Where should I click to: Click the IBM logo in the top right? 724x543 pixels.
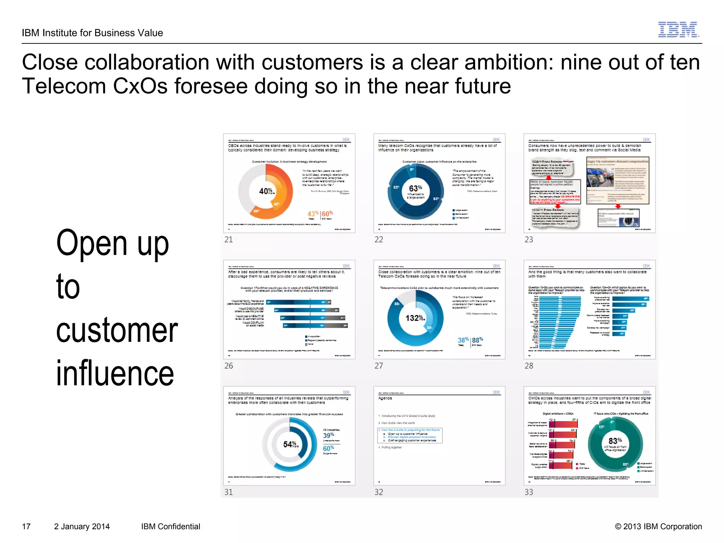tap(678, 30)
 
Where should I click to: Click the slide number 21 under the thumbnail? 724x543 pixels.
tap(229, 240)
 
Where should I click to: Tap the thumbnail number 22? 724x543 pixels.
tap(379, 240)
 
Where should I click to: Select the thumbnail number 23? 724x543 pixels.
tap(529, 240)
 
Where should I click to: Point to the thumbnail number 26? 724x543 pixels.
tap(229, 366)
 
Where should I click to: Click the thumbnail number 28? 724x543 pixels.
tap(529, 366)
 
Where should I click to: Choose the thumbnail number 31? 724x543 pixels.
tap(229, 492)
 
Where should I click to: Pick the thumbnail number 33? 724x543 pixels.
tap(529, 492)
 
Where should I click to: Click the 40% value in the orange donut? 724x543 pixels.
tap(266, 191)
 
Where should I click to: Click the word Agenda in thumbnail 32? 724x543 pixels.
tap(385, 398)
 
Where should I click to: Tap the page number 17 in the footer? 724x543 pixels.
tap(27, 526)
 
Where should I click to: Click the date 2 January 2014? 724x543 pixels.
tap(82, 526)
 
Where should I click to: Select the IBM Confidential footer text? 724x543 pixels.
tap(170, 526)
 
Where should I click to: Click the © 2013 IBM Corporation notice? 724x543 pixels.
tap(658, 526)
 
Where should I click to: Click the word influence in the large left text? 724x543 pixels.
tap(115, 373)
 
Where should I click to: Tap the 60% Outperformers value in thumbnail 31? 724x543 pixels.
tap(328, 449)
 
